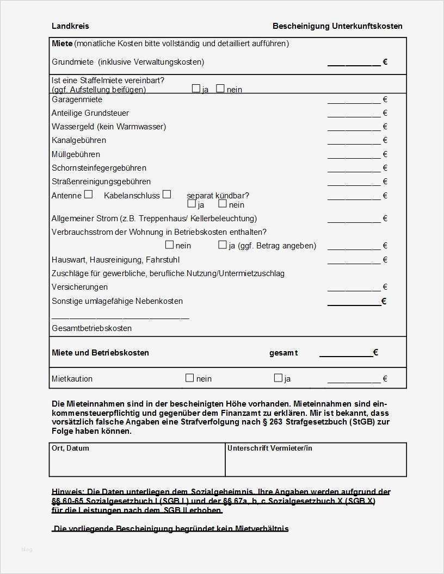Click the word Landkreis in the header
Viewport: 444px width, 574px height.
tap(70, 26)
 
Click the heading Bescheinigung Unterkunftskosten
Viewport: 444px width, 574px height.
tap(337, 26)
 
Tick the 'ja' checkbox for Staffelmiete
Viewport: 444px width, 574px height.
tap(196, 88)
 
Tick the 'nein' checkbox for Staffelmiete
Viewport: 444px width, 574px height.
tap(220, 88)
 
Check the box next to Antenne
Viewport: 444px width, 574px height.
tap(88, 194)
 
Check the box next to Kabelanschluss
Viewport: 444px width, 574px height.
tap(166, 194)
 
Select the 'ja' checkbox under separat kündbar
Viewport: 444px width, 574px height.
tap(192, 204)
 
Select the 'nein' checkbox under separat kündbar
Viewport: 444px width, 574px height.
tap(223, 204)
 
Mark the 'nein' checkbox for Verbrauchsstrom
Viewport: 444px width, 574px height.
tap(169, 245)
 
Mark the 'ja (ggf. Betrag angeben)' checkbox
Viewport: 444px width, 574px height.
tap(223, 245)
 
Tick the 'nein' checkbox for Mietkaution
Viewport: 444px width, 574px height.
tap(190, 378)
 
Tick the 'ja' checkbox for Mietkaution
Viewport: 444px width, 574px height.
tap(278, 378)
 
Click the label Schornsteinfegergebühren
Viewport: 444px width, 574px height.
tap(99, 168)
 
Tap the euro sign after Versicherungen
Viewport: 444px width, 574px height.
tap(385, 287)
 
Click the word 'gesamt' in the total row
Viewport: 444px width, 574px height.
tap(283, 353)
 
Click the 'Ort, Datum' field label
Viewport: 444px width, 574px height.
tap(70, 448)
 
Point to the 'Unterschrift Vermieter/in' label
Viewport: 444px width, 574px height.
tap(270, 448)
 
